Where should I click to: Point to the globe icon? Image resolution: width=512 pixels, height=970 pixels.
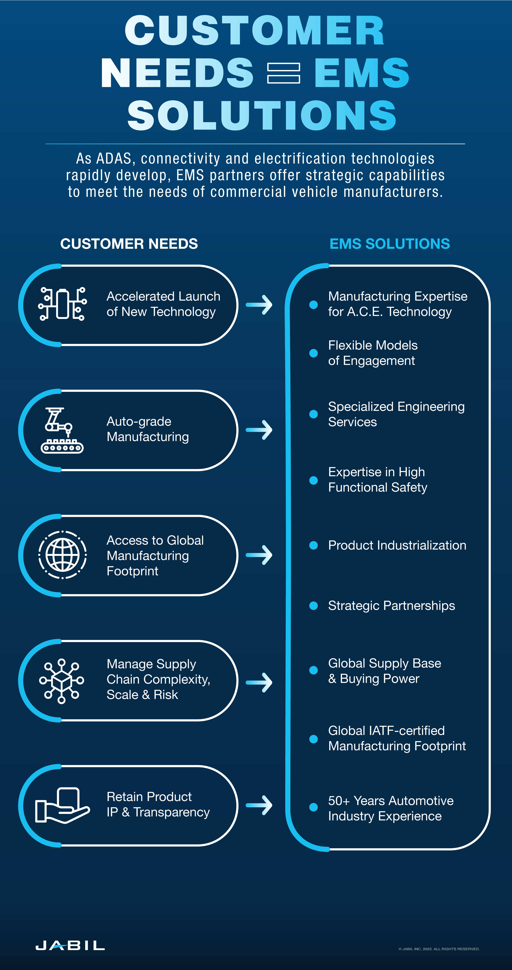pyautogui.click(x=63, y=555)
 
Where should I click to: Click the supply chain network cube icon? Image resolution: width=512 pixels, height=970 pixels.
pyautogui.click(x=61, y=681)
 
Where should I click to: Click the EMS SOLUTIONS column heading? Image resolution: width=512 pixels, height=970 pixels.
pyautogui.click(x=390, y=244)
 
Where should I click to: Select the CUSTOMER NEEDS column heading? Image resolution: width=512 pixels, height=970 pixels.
pyautogui.click(x=129, y=244)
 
